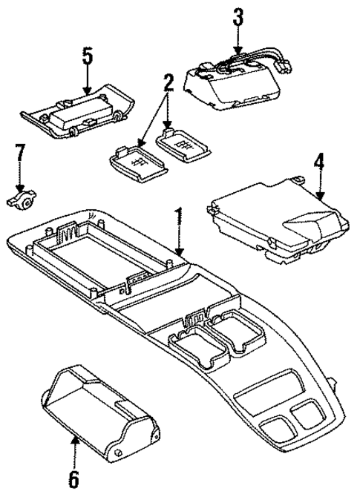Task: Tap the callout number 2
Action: click(x=168, y=82)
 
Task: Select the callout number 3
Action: click(x=238, y=17)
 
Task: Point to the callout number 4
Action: click(x=319, y=160)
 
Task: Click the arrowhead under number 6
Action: click(x=73, y=441)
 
